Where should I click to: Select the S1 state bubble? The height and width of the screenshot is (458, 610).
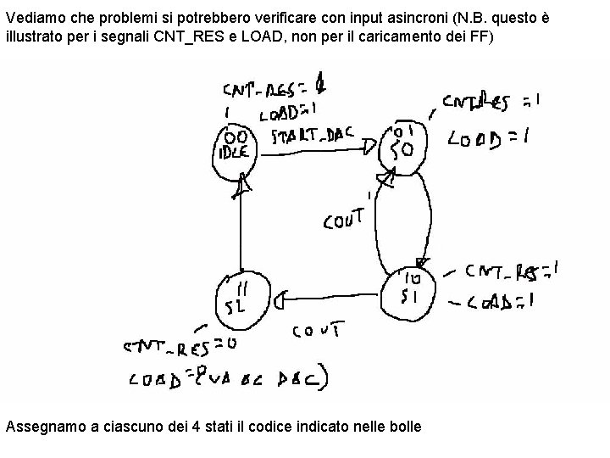410,290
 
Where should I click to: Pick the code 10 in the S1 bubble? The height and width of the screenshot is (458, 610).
413,277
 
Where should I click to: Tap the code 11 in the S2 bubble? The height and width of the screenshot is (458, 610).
240,288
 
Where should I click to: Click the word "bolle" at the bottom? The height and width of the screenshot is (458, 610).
403,426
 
